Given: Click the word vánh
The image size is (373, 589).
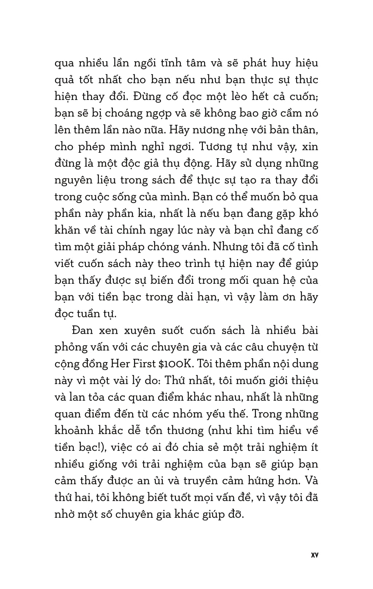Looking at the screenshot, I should pos(194,247).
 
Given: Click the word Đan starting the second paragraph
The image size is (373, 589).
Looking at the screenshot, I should pos(83,330).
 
